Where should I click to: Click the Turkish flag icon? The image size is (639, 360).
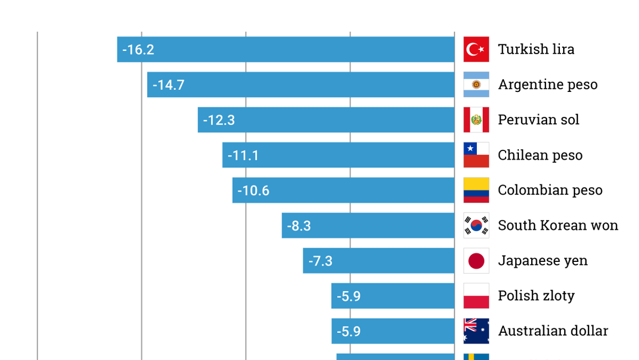point(476,49)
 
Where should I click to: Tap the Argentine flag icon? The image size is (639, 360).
point(476,84)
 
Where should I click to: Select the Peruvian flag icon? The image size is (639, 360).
point(476,120)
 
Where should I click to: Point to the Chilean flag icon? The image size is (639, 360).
point(476,155)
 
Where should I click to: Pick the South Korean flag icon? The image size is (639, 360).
point(476,225)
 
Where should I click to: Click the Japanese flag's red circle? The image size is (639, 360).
point(476,261)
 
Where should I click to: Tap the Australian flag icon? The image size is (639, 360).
point(476,331)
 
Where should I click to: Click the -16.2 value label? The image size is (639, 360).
point(138,50)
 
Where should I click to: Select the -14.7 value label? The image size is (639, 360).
point(168,85)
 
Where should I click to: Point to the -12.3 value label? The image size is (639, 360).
point(219,120)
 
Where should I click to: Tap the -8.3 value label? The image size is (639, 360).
point(299,226)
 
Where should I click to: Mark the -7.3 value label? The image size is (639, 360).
point(320,261)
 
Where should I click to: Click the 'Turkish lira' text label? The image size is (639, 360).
point(536,49)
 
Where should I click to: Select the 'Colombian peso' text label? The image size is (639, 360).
point(550,191)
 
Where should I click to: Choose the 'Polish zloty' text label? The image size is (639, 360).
point(536,296)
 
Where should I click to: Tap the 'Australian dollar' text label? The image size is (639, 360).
point(553,331)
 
